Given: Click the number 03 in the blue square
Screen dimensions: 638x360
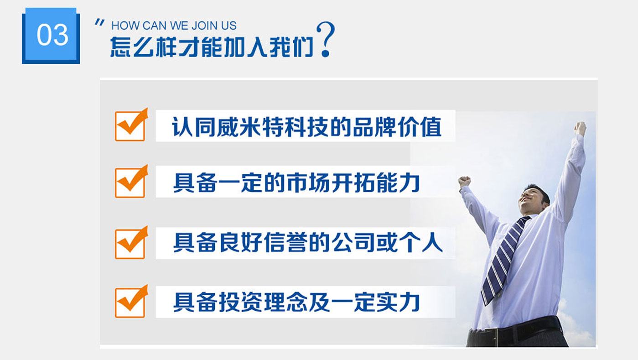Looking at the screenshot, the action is click(x=52, y=35).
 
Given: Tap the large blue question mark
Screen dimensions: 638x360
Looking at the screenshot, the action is click(x=326, y=39).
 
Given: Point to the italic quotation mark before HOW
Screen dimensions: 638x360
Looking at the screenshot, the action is click(x=99, y=23).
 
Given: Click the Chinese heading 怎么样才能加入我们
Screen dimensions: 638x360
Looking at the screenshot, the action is click(x=212, y=47).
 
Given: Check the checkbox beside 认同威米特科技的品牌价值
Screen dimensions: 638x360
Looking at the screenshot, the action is click(x=131, y=125).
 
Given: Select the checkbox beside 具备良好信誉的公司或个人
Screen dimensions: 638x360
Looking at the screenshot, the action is click(x=131, y=243).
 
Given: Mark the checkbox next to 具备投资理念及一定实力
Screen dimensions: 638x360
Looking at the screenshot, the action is click(x=131, y=301).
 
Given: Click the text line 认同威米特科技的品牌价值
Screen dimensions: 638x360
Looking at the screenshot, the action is click(x=306, y=127).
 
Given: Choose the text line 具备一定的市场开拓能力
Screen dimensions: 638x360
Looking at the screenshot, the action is click(x=296, y=183).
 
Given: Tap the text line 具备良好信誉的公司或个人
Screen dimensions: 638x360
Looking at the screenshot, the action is click(x=308, y=243).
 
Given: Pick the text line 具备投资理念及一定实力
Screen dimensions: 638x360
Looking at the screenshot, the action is click(x=296, y=302).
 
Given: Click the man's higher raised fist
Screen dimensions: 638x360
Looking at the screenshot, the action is click(x=580, y=128).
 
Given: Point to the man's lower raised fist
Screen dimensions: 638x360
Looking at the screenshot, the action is click(x=464, y=182).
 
